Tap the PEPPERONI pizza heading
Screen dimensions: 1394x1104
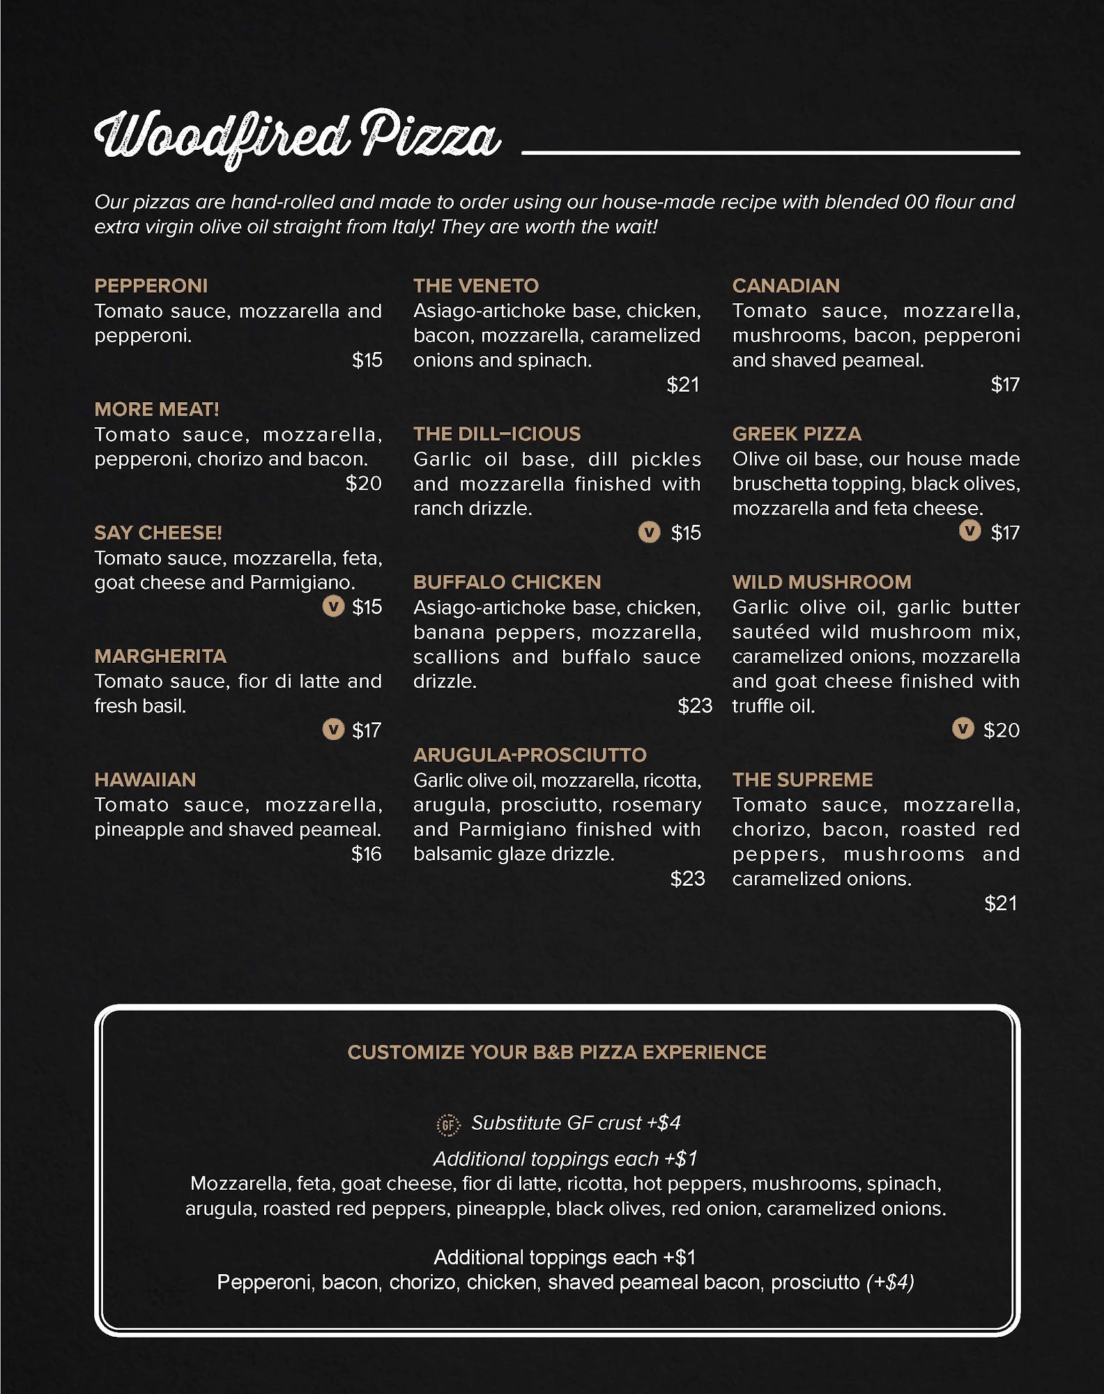(x=151, y=286)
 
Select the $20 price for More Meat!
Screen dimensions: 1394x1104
(x=363, y=483)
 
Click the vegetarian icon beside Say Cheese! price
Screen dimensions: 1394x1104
(x=333, y=606)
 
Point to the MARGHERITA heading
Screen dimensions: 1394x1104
(x=160, y=656)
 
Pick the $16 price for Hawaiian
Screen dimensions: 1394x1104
(x=366, y=854)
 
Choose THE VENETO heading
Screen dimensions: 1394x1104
(x=476, y=286)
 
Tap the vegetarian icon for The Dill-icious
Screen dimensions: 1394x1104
(x=649, y=533)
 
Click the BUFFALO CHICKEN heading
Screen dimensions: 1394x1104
(x=507, y=582)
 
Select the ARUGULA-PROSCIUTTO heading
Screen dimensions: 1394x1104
(x=530, y=755)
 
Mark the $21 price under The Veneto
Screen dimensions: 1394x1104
(x=682, y=385)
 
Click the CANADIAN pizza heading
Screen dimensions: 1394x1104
(x=785, y=286)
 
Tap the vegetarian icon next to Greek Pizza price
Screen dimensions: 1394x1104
(x=969, y=531)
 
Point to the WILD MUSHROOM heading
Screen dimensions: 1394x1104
(x=822, y=582)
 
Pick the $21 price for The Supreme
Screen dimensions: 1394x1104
(x=1000, y=903)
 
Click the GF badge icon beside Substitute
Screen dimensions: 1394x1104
(x=448, y=1124)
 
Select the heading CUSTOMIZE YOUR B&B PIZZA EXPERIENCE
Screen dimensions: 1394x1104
(x=557, y=1052)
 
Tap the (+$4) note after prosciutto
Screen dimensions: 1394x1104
(x=890, y=1282)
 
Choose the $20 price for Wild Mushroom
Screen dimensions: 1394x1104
(x=1001, y=730)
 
